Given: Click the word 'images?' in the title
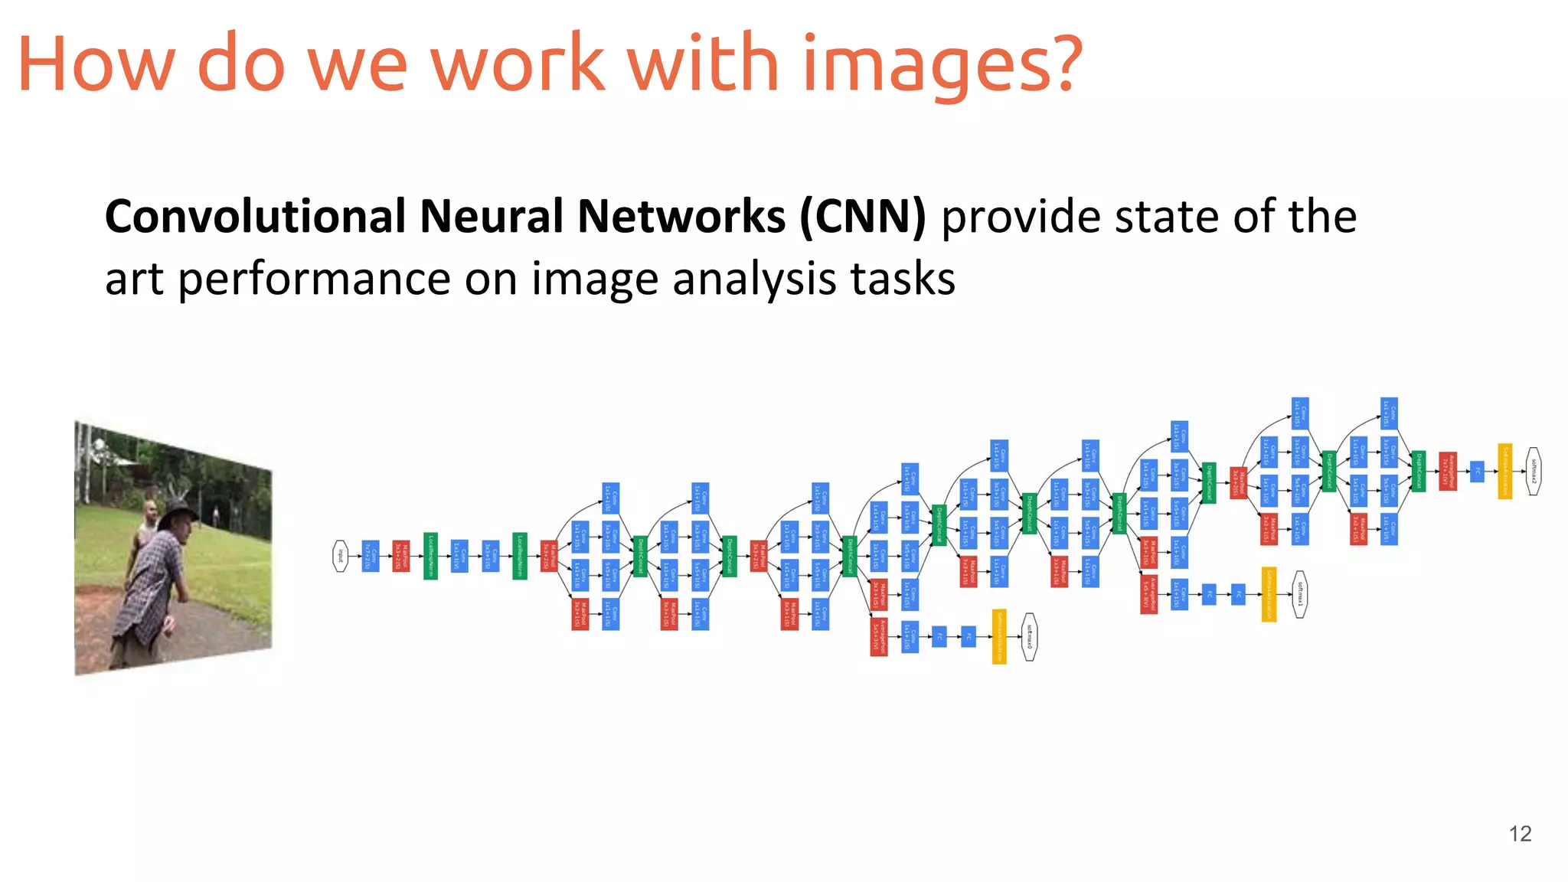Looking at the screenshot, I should click(x=942, y=65).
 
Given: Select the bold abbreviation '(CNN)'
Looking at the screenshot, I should click(x=862, y=217).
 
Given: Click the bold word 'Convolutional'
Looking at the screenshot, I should click(x=255, y=217).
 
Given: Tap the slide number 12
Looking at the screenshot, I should click(x=1520, y=834).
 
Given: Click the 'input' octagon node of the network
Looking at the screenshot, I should click(x=340, y=556).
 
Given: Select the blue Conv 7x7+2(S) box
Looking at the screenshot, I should click(x=371, y=556).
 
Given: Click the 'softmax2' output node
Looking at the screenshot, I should click(x=1533, y=471).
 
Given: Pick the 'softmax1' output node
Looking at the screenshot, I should click(x=1299, y=594).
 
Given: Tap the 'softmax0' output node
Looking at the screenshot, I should click(x=1030, y=637).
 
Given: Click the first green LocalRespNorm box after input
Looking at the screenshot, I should click(x=430, y=556).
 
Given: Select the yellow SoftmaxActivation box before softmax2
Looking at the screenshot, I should click(x=1505, y=471).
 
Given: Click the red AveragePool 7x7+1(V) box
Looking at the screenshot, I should click(x=1447, y=471).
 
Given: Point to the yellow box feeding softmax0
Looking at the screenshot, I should click(x=999, y=637).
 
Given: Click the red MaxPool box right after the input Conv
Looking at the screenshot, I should click(x=400, y=556).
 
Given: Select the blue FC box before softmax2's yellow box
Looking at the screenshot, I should click(x=1477, y=471).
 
